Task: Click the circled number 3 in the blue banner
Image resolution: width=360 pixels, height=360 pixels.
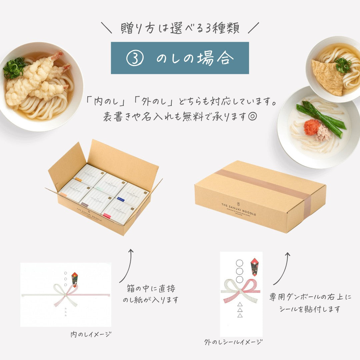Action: pos(135,58)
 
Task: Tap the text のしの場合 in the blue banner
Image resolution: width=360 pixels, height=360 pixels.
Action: pos(195,58)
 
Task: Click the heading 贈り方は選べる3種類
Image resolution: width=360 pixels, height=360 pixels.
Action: pos(180,28)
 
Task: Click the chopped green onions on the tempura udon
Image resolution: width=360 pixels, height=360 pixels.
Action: pos(14,68)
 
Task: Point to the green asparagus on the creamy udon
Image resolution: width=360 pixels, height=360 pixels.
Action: pos(320,118)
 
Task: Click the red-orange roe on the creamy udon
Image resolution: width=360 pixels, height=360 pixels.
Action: pos(312,127)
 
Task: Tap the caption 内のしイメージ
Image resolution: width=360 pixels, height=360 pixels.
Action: pos(91,334)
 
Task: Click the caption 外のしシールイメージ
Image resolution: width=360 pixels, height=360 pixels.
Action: pos(233,342)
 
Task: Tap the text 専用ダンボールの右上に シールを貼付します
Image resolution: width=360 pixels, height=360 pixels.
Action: pos(310,303)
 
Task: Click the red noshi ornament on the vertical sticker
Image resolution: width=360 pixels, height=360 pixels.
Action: pos(255,266)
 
